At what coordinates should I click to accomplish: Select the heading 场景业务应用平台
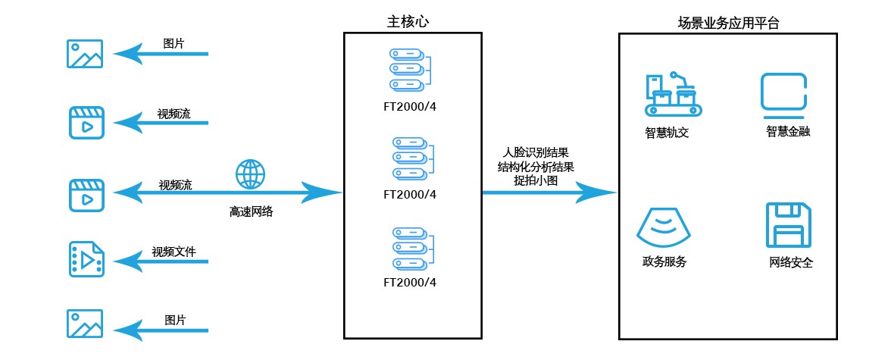[x=728, y=22]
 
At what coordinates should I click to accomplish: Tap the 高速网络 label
[x=251, y=212]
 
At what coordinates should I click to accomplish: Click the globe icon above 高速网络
[x=250, y=174]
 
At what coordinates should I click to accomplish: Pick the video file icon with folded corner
[x=86, y=258]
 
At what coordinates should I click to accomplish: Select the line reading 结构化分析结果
[x=536, y=167]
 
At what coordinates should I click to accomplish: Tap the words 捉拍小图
[x=536, y=180]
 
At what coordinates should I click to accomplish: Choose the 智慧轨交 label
[x=667, y=134]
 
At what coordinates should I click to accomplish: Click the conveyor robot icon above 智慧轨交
[x=672, y=95]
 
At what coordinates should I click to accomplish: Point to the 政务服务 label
[x=664, y=262]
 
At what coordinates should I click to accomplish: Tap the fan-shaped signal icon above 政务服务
[x=664, y=225]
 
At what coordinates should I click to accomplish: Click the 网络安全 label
[x=790, y=264]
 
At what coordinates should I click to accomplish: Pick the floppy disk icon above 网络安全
[x=789, y=225]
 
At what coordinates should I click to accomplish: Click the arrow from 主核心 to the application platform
[x=549, y=193]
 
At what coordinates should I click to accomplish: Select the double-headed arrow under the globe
[x=227, y=193]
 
